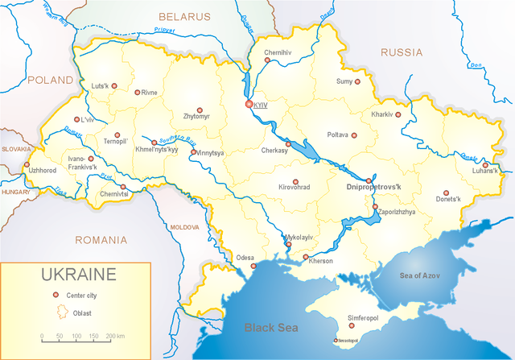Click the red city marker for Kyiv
249,105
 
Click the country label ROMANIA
101,240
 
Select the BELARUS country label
183,16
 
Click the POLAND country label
50,81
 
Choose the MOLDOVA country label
184,228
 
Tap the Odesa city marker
253,266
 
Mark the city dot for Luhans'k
485,164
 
